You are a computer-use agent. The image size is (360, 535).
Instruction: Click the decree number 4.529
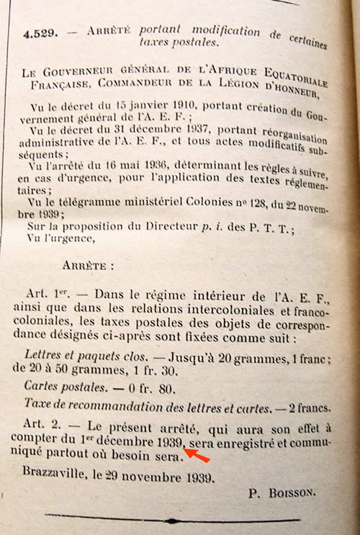(37, 33)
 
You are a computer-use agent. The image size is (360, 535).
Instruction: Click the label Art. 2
(44, 425)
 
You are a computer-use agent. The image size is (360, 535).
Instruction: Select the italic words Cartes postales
(58, 387)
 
